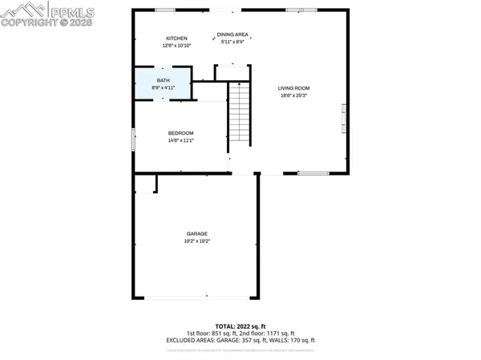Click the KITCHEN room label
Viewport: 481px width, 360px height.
176,38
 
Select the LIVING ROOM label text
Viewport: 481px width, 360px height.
293,87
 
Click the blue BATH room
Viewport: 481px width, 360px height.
164,84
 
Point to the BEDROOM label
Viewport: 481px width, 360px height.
180,133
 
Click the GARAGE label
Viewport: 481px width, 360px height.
196,233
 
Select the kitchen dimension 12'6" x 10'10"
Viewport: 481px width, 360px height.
176,46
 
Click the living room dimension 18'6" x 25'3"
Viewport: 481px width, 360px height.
293,95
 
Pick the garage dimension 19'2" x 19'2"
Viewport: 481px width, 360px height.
196,241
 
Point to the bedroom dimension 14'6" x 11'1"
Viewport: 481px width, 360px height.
180,140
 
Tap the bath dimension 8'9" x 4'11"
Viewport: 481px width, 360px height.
164,87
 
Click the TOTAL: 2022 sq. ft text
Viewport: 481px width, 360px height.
240,326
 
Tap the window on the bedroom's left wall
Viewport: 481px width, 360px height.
133,138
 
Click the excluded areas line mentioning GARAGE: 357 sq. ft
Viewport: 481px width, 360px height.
240,339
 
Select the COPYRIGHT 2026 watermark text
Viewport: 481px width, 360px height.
35,23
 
